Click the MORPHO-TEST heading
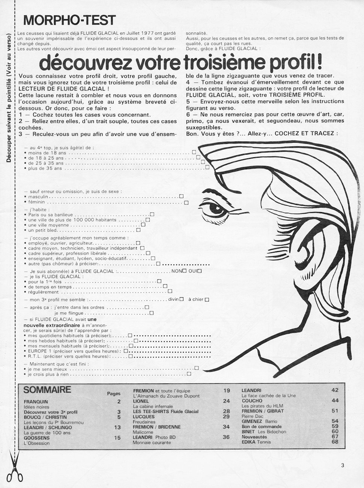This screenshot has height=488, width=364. (x=69, y=20)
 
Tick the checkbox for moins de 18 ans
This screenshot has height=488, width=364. (x=194, y=152)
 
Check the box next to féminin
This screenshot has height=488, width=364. (x=186, y=202)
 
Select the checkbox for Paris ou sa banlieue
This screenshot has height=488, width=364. (x=152, y=214)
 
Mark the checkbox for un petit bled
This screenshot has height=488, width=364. (x=138, y=230)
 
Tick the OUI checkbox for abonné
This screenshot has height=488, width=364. (x=199, y=271)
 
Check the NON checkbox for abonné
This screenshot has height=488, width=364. (x=184, y=271)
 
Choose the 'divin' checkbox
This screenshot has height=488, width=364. (x=181, y=299)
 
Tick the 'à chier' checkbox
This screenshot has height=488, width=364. (x=207, y=300)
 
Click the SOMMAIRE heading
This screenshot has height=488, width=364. (x=47, y=390)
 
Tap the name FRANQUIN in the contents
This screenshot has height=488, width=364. (x=36, y=402)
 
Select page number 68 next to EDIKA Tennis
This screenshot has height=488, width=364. (x=335, y=442)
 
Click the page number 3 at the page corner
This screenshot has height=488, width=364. (x=342, y=466)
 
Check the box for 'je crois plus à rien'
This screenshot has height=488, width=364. (x=189, y=374)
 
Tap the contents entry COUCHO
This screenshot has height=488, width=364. (x=252, y=401)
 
